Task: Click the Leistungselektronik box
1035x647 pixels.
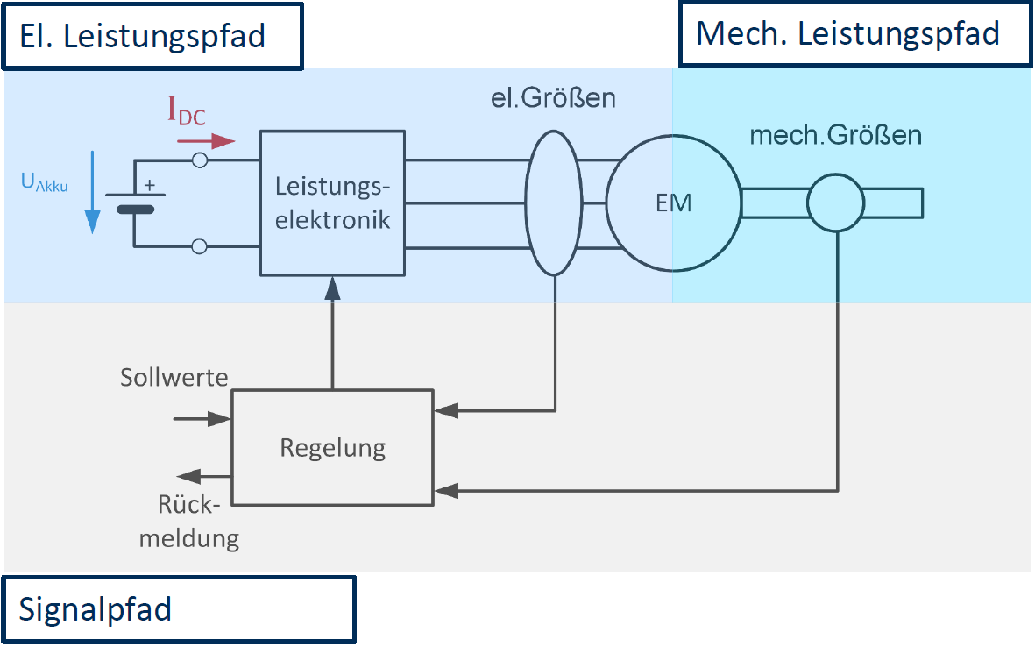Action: pyautogui.click(x=332, y=203)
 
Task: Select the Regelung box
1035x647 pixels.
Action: pyautogui.click(x=332, y=448)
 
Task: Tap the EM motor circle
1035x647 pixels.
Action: pyautogui.click(x=672, y=203)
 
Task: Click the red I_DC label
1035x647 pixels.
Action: pyautogui.click(x=186, y=112)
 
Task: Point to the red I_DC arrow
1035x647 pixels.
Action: pyautogui.click(x=212, y=140)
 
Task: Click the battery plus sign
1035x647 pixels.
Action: pyautogui.click(x=148, y=186)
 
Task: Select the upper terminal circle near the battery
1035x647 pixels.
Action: pyautogui.click(x=200, y=160)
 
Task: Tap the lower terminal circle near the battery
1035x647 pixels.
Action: pyautogui.click(x=200, y=246)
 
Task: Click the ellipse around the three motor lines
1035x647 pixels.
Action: pyautogui.click(x=553, y=203)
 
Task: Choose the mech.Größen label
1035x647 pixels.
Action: pyautogui.click(x=835, y=136)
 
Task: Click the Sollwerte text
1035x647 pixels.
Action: pyautogui.click(x=174, y=378)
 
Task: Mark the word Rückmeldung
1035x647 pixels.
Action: pyautogui.click(x=199, y=522)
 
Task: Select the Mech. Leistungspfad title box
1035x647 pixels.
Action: pyautogui.click(x=854, y=34)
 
